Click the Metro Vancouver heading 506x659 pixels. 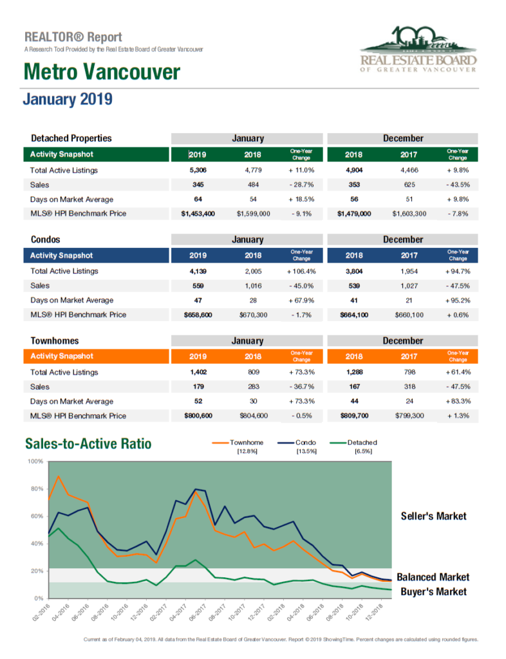[102, 72]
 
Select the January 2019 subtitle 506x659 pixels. [68, 100]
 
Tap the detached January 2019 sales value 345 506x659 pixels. [198, 185]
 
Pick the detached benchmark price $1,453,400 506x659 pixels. [198, 214]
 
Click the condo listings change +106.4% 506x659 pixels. [301, 272]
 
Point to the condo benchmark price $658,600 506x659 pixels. [198, 315]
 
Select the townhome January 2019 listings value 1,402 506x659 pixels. [198, 372]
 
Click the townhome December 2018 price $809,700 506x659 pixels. [354, 416]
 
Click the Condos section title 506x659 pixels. [46, 239]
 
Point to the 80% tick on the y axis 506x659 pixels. [37, 489]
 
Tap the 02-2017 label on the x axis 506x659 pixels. [158, 613]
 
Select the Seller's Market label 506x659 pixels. [434, 516]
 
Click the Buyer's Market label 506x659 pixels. [434, 592]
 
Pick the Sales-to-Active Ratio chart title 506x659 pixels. [88, 444]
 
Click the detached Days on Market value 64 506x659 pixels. [198, 200]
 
